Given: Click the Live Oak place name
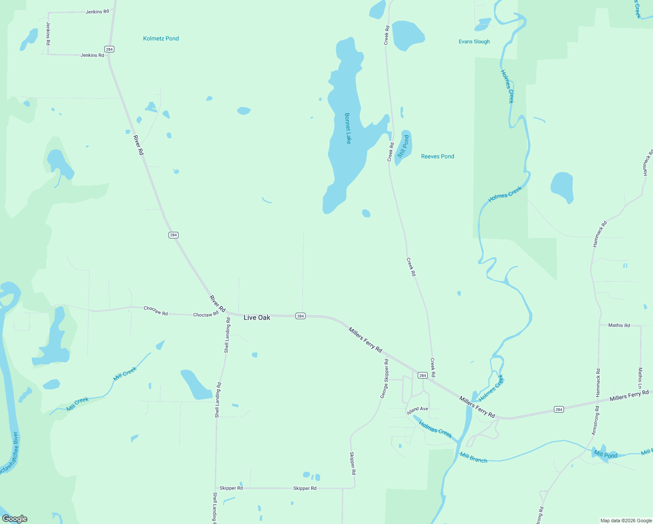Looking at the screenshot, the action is point(257,317).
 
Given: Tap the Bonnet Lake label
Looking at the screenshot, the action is point(348,128).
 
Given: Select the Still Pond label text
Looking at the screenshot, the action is point(403,146).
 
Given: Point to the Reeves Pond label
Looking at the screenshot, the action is point(437,156).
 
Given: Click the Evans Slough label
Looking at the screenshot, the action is point(474,41).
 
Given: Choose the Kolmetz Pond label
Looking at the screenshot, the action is point(161,38).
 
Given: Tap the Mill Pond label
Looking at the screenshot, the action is point(605,455).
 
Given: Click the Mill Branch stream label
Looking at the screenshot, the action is point(473,458).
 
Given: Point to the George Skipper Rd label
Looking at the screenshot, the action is point(385,379).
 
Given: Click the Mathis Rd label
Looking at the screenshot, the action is point(619,325).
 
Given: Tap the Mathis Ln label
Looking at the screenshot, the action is point(640,378).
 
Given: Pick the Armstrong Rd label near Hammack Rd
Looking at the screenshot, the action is point(596,420).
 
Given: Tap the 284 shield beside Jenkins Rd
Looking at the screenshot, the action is point(109,49).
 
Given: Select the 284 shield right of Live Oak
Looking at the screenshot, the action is point(300,316).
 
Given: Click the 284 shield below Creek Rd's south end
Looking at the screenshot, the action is point(422,376).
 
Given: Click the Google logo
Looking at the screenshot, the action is point(15,519).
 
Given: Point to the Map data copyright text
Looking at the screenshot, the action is point(626,521).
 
